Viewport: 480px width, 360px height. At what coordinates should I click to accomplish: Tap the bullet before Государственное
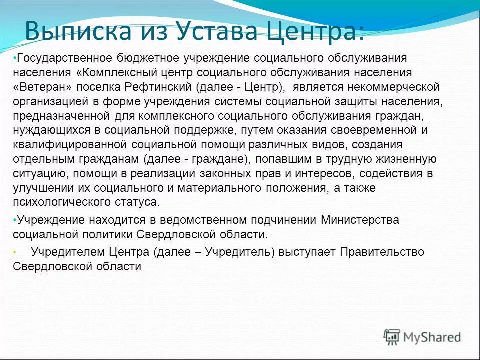(x=15, y=58)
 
